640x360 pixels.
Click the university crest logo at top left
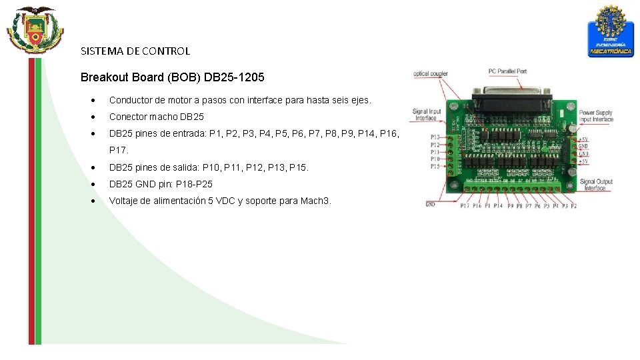[x=34, y=30]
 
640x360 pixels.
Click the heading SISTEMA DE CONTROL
[x=135, y=51]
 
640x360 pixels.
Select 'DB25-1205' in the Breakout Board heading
[x=234, y=77]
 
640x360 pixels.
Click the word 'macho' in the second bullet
[x=160, y=117]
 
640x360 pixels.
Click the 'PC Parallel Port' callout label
[x=507, y=71]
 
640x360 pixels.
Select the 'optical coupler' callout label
[x=431, y=74]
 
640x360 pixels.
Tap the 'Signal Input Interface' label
[x=427, y=115]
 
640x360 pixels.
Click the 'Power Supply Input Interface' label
[x=595, y=116]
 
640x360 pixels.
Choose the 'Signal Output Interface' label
[x=596, y=185]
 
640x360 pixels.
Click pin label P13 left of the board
[x=434, y=137]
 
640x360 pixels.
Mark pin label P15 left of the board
[x=434, y=166]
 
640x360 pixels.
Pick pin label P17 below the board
[x=465, y=206]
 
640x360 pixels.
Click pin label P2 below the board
[x=573, y=206]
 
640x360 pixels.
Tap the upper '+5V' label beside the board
[x=583, y=139]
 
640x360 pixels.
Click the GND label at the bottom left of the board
[x=431, y=204]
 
